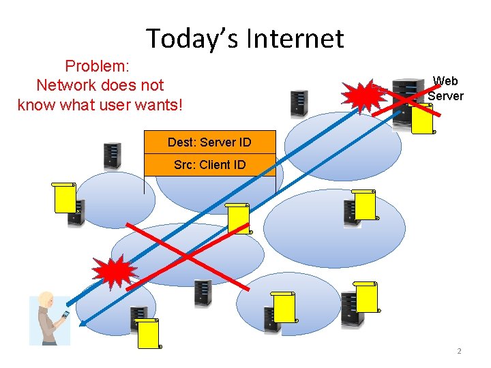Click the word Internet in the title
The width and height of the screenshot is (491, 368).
tap(295, 38)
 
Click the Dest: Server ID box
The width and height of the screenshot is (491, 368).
tap(209, 142)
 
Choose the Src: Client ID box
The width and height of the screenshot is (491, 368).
tap(209, 164)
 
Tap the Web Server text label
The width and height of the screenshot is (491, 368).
tap(445, 89)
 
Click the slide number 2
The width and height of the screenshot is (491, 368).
tap(459, 351)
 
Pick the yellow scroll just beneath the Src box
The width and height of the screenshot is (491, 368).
tap(239, 218)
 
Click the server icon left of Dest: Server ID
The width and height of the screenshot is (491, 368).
tap(111, 156)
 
